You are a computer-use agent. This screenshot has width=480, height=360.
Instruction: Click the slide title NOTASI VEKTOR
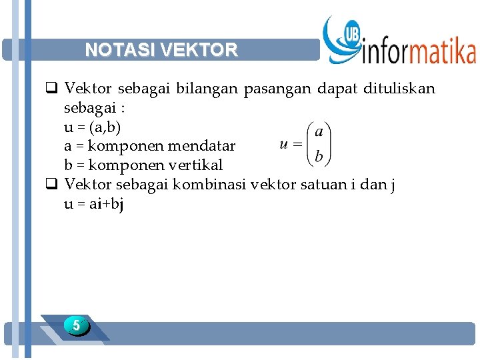(x=161, y=50)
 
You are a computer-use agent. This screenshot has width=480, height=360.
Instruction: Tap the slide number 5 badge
(x=77, y=326)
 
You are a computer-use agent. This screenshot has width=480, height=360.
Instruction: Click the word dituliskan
(x=399, y=89)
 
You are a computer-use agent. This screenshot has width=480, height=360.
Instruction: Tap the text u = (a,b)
(x=93, y=127)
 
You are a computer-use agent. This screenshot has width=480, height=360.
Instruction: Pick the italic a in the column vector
(x=319, y=131)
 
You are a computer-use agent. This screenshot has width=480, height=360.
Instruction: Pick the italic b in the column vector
(x=319, y=157)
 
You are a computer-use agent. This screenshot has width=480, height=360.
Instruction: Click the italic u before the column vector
(x=285, y=143)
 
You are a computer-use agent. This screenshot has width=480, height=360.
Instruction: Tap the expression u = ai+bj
(x=94, y=204)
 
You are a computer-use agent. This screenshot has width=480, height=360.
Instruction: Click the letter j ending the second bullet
(x=393, y=185)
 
